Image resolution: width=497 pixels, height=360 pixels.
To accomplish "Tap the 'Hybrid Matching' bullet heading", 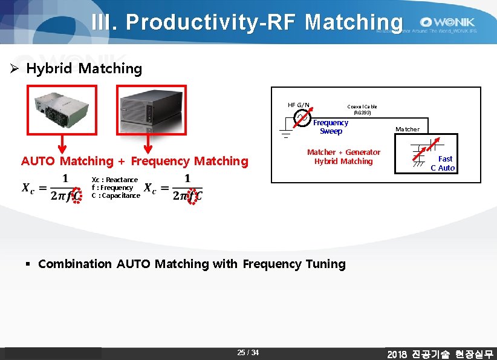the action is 84,68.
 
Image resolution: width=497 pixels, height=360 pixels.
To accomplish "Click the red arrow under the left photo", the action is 61,145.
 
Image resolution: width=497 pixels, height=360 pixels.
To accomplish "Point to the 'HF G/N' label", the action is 298,105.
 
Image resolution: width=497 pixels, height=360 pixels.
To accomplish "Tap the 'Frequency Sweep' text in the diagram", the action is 331,127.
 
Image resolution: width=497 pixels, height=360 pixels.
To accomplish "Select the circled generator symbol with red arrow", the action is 301,119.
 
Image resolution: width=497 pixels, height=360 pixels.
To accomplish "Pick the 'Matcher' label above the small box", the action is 407,129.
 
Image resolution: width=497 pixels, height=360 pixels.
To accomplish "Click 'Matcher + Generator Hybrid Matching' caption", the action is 343,157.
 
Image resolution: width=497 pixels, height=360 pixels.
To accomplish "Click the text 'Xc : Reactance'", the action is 114,180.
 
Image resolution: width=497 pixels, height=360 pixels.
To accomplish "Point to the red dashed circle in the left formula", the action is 76,195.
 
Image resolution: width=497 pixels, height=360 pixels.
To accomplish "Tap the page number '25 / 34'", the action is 248,353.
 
